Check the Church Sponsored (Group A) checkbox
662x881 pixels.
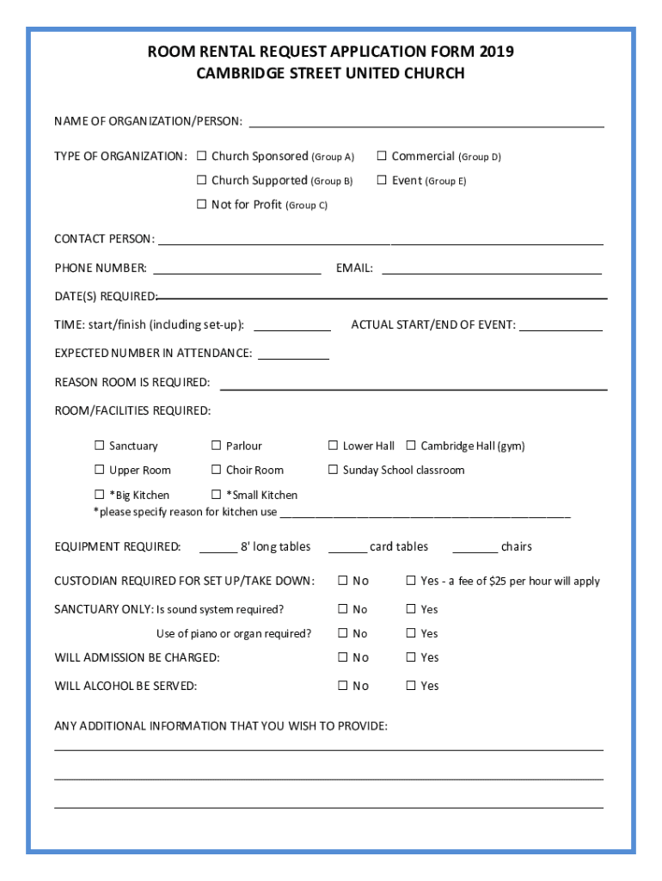201,157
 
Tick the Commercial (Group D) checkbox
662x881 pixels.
382,157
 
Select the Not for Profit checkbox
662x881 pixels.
201,205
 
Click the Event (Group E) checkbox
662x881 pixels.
382,181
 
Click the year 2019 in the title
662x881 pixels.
497,52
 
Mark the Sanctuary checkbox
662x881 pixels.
99,446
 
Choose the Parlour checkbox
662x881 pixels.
216,446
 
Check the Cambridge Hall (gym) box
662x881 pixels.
411,446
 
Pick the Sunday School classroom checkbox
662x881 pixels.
333,470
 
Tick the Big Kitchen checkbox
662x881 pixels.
99,495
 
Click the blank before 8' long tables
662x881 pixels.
218,548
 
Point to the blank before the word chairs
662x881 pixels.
475,548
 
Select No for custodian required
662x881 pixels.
342,581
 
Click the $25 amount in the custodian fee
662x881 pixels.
498,582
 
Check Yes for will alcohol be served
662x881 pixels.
411,686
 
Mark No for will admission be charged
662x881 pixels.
342,657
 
